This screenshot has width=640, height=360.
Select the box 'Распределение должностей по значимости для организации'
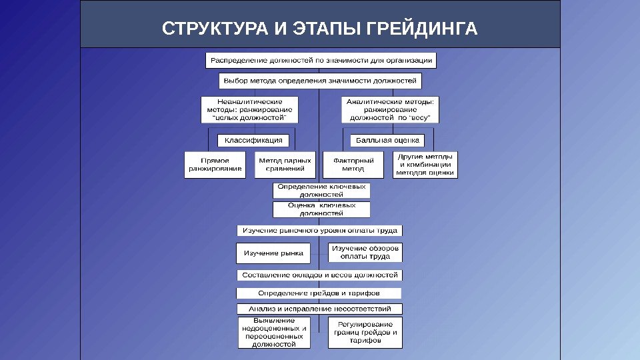click(x=320, y=60)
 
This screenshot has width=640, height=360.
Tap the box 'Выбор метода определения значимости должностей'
click(x=320, y=81)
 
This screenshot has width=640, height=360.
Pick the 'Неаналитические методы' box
click(x=251, y=110)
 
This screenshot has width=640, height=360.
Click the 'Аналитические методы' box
click(x=391, y=110)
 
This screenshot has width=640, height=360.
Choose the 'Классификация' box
click(x=253, y=140)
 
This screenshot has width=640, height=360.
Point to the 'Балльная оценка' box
click(x=387, y=140)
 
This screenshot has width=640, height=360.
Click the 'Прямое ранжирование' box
click(x=215, y=165)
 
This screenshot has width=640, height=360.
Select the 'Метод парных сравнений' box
click(x=284, y=165)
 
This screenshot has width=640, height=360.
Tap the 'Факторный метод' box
click(x=353, y=165)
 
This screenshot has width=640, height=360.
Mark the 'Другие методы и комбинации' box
click(x=425, y=165)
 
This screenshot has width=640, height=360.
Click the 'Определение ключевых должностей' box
click(x=321, y=191)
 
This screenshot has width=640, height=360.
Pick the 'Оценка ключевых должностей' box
click(x=321, y=210)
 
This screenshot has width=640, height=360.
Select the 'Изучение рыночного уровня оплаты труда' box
click(x=320, y=231)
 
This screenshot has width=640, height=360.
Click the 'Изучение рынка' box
click(x=273, y=253)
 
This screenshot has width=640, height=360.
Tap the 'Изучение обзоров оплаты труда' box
click(x=365, y=253)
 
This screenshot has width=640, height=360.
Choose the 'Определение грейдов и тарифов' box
click(x=319, y=293)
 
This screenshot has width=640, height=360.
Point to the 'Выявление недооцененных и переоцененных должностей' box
click(x=275, y=332)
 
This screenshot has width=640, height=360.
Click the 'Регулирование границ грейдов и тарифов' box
click(x=365, y=332)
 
